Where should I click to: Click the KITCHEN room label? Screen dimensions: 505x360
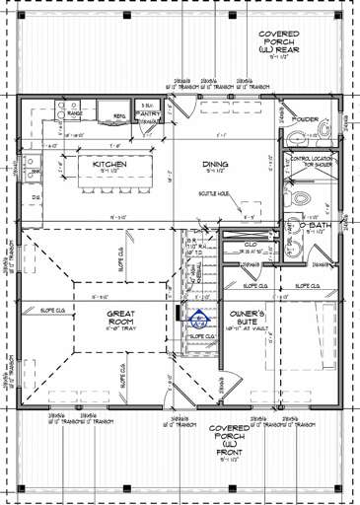coord(109,164)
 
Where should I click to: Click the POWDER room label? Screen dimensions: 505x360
coord(306,119)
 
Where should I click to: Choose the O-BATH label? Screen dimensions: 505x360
coord(316,227)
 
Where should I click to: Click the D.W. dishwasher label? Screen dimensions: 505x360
coord(35,197)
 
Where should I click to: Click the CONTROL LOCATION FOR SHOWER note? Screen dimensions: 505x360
coord(312,161)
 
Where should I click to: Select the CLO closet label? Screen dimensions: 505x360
coord(251,243)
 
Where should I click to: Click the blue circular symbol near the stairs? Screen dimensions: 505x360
coord(199,319)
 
